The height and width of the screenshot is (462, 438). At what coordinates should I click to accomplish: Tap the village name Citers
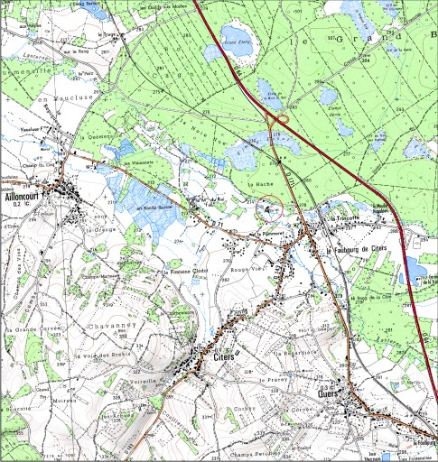(x=224, y=358)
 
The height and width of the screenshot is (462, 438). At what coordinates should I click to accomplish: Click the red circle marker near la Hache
(x=270, y=209)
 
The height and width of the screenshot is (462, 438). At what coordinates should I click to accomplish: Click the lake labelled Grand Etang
(x=238, y=42)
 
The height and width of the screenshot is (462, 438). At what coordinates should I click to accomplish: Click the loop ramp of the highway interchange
(x=282, y=116)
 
